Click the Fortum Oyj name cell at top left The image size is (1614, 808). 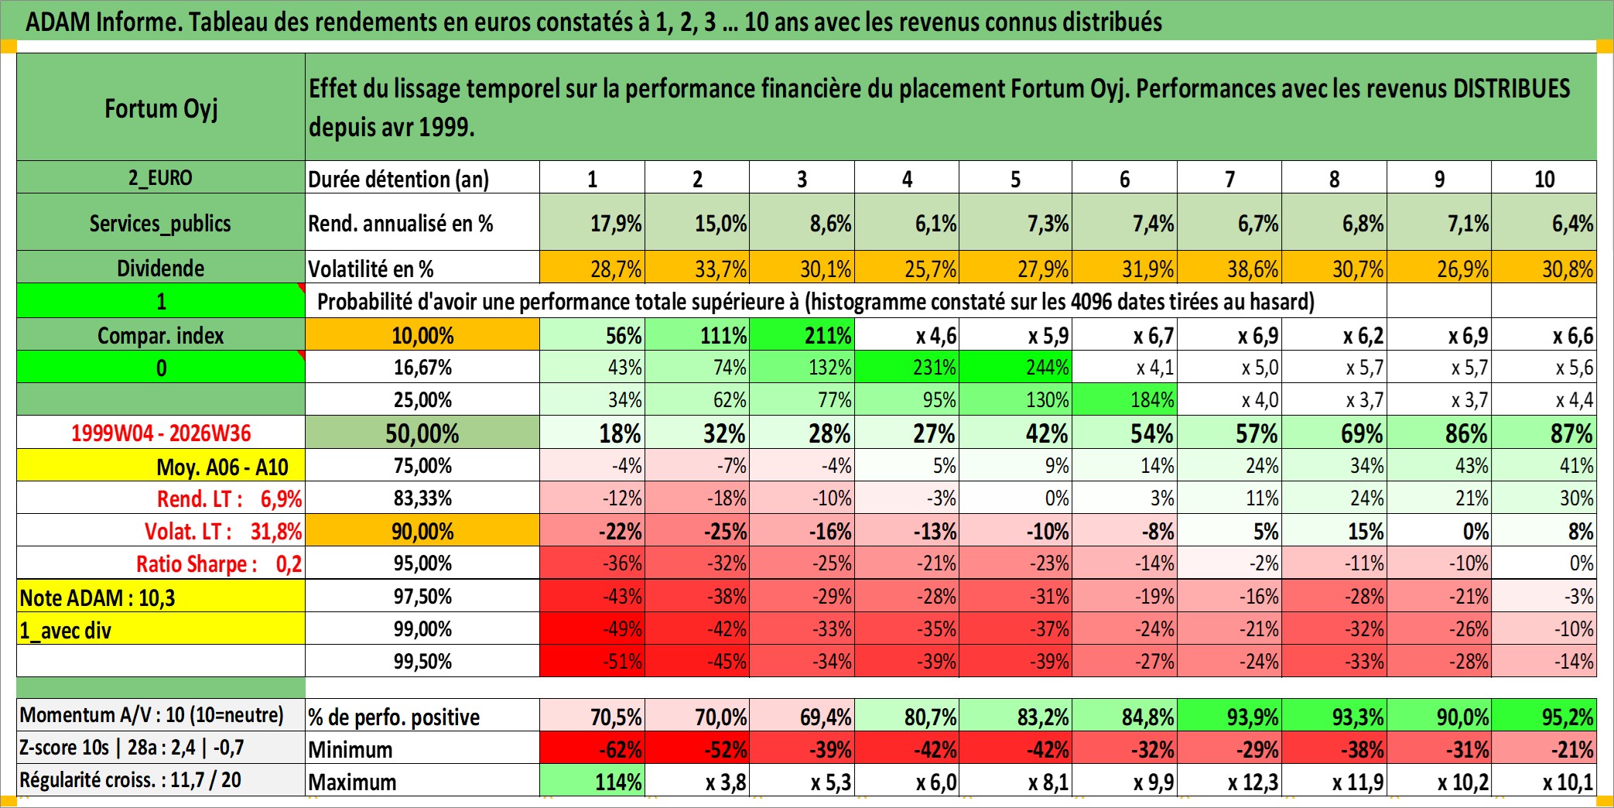click(161, 108)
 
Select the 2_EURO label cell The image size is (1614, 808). click(161, 177)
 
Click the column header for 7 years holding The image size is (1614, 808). click(1229, 178)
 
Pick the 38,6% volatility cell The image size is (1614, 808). click(1229, 268)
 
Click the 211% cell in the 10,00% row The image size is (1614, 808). click(802, 335)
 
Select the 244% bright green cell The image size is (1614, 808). click(1016, 367)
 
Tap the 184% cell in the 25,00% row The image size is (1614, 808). click(1124, 399)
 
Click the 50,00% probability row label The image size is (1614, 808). click(422, 433)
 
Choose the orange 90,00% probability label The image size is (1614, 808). click(422, 531)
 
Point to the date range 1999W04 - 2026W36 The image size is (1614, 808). click(161, 433)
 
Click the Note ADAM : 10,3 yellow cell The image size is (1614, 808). click(161, 597)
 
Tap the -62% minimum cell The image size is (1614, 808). click(592, 749)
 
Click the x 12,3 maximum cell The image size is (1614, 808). click(1229, 782)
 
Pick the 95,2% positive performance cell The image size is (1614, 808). click(1544, 717)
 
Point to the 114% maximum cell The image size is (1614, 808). click(592, 782)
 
